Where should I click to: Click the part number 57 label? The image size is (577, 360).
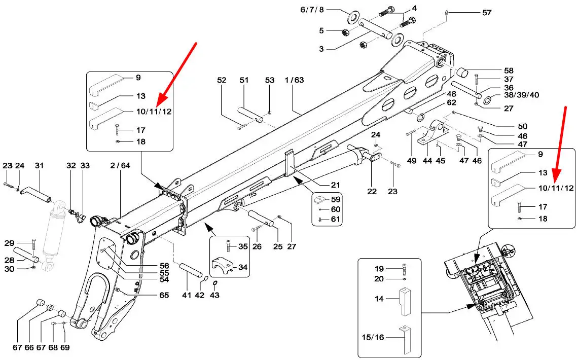487,13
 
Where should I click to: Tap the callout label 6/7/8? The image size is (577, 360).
312,10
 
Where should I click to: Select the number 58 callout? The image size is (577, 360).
509,70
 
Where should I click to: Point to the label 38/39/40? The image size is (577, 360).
521,95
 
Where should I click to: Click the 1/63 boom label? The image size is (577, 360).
294,80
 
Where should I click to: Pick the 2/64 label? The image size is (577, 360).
120,166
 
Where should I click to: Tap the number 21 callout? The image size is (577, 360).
335,185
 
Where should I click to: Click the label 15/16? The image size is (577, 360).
373,337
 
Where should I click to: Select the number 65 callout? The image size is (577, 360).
164,295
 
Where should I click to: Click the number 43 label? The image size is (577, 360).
214,295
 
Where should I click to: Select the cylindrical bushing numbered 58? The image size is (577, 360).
462,72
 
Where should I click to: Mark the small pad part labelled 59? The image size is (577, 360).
318,199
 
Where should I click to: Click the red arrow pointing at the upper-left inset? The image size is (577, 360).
178,74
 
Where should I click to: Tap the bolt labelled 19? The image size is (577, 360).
404,270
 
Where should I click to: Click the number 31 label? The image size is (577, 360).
39,166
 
